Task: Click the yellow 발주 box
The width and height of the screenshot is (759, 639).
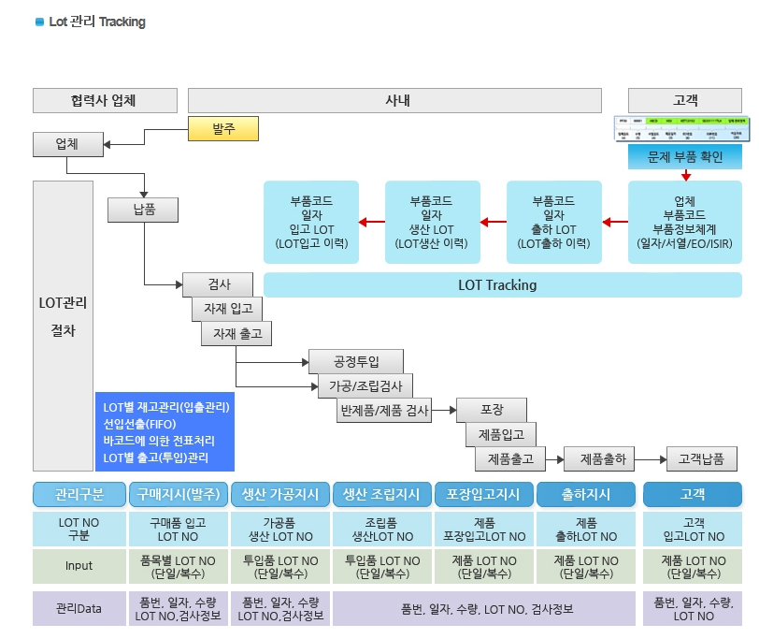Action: [222, 128]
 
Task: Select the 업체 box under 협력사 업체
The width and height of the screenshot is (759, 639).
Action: [67, 144]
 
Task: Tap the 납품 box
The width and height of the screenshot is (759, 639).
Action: [144, 209]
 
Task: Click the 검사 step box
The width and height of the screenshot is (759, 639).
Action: [219, 283]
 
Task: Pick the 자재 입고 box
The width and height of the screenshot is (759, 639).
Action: [227, 308]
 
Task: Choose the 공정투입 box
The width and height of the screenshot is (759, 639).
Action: [343, 361]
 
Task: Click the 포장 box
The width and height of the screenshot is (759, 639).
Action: [492, 410]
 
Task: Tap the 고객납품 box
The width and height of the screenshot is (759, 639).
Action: [701, 458]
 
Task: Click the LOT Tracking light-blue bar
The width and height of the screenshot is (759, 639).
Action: [503, 284]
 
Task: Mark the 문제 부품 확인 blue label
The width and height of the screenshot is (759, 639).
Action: [685, 156]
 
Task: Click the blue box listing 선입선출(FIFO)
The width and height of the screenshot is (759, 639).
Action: [165, 432]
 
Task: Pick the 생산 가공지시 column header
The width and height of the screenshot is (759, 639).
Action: [279, 495]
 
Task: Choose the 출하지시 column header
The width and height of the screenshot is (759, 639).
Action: [586, 495]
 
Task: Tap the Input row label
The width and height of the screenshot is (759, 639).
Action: [79, 565]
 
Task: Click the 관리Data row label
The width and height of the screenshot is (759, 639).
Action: [79, 608]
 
